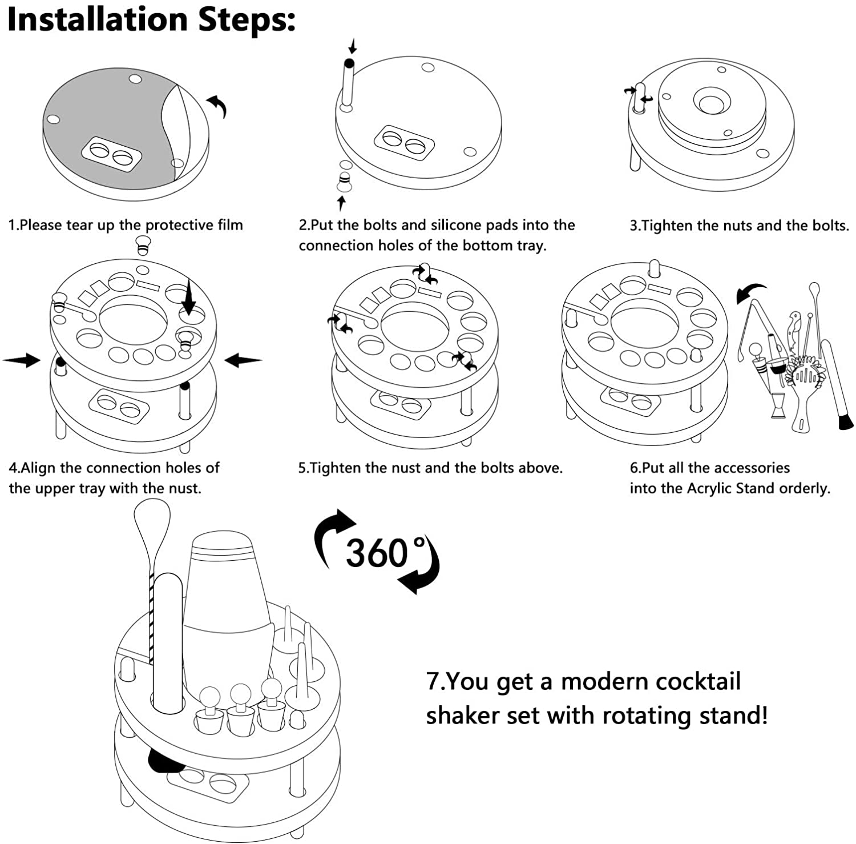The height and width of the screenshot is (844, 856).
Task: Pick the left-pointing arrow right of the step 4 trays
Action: coord(243,360)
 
